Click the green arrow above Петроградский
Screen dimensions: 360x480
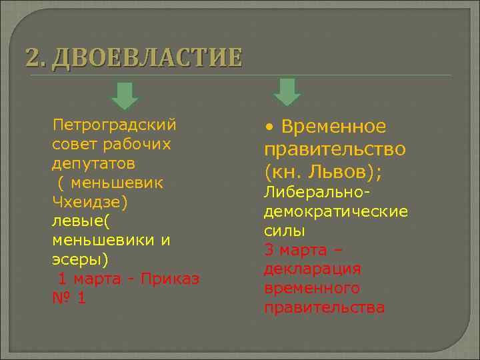tap(125, 96)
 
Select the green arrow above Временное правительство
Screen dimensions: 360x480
tap(287, 92)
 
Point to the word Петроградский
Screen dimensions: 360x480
tap(114, 125)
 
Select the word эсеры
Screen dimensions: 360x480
tap(79, 259)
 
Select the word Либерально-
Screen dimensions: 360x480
tap(317, 193)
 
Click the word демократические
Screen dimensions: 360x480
tap(336, 212)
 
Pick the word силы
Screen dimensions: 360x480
tap(285, 231)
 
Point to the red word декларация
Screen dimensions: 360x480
tap(313, 269)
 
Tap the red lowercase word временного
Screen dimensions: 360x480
tap(312, 289)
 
